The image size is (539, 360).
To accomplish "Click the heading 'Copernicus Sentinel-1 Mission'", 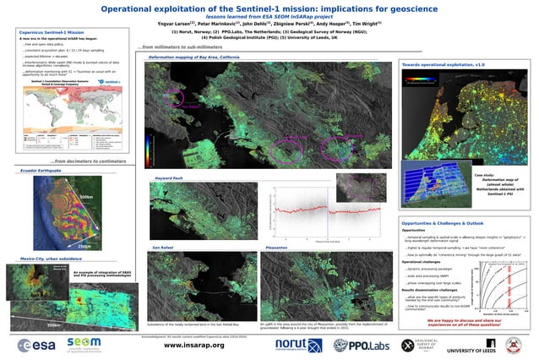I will [x=52, y=31].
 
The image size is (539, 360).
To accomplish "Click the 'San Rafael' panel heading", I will [x=163, y=246].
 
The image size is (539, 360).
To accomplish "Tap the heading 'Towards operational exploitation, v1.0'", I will [x=443, y=64].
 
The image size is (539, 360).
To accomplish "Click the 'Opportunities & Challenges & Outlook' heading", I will [x=443, y=199].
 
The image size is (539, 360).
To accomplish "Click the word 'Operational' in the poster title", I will [x=141, y=8].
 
